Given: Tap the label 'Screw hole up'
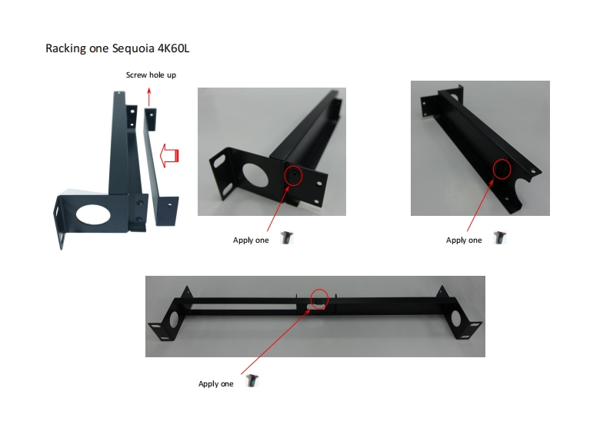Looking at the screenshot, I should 151,75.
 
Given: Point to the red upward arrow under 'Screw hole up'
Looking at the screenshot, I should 149,95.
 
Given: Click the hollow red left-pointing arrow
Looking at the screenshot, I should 169,156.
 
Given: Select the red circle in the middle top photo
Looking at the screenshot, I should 293,175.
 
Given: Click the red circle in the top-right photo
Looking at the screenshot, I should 502,168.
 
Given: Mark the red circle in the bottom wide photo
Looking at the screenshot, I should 319,298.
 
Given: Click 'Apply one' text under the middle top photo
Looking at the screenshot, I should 251,240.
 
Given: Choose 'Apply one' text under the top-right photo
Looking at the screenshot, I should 464,240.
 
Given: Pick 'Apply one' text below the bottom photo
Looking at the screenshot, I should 215,383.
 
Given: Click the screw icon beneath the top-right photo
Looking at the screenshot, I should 499,239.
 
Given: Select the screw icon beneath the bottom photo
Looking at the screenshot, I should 251,381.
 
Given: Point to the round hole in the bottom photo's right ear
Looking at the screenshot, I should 458,317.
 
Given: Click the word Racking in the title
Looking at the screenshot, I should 65,48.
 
